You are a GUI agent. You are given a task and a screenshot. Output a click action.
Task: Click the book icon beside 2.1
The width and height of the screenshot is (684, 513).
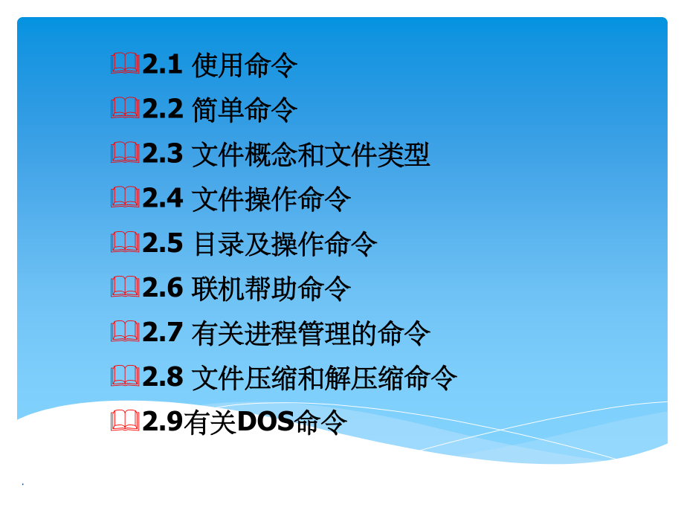[125, 65]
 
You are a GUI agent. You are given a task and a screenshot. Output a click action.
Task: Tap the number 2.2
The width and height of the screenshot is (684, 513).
[162, 109]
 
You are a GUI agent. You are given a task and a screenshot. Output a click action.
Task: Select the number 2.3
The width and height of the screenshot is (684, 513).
[162, 154]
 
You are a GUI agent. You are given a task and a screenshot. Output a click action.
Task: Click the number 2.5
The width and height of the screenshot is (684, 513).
[162, 243]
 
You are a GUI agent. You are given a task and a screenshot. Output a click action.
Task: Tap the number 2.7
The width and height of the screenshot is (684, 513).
[162, 332]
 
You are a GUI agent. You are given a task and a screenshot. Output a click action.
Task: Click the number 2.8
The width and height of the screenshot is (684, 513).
[162, 377]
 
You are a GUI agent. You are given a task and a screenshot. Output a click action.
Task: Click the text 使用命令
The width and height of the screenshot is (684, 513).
[245, 66]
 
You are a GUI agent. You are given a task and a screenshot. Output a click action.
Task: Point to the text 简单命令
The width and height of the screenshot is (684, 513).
[245, 111]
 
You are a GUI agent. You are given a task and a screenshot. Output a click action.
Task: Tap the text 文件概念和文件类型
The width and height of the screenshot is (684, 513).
[311, 155]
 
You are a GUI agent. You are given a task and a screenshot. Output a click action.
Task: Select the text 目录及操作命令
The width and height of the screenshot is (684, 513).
[285, 244]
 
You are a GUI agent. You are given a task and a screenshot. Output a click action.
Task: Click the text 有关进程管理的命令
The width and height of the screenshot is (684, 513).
[311, 333]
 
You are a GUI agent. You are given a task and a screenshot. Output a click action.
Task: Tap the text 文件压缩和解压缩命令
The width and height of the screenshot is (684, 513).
[324, 378]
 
